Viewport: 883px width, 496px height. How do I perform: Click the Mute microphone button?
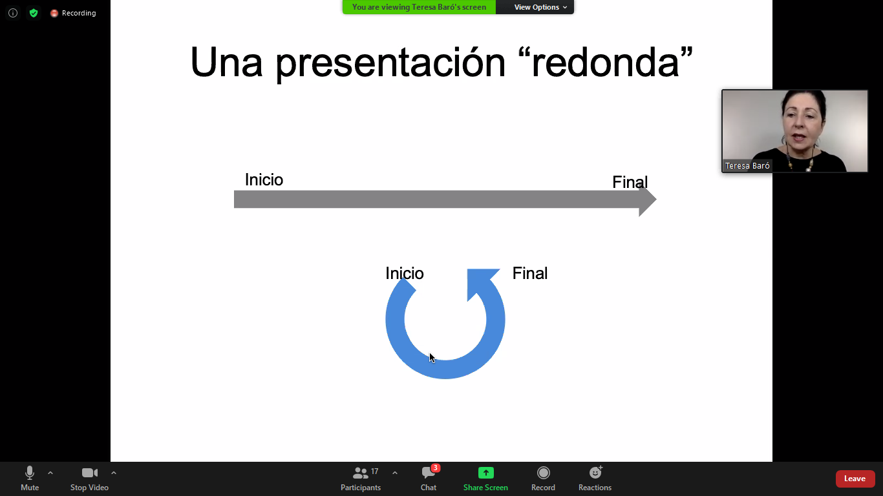pyautogui.click(x=30, y=479)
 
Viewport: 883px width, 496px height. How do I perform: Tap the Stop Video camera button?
pyautogui.click(x=89, y=479)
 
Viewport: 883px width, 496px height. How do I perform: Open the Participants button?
pyautogui.click(x=361, y=479)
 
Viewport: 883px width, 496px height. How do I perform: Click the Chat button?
pyautogui.click(x=429, y=479)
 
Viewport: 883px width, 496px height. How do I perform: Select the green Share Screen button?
pyautogui.click(x=485, y=479)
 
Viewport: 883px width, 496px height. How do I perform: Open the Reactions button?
pyautogui.click(x=595, y=479)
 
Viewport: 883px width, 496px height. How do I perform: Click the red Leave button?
pyautogui.click(x=855, y=479)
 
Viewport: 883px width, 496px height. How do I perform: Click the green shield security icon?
pyautogui.click(x=34, y=13)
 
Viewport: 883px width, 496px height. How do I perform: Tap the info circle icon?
pyautogui.click(x=13, y=13)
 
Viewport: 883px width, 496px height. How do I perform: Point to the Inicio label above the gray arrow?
pyautogui.click(x=264, y=180)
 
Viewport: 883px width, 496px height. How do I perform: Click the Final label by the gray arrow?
pyautogui.click(x=630, y=182)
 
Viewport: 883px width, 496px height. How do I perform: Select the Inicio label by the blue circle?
pyautogui.click(x=405, y=273)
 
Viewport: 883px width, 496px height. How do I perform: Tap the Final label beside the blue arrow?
pyautogui.click(x=530, y=273)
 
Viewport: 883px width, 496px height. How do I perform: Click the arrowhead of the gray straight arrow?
pyautogui.click(x=647, y=200)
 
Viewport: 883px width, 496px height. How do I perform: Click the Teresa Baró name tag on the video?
pyautogui.click(x=747, y=166)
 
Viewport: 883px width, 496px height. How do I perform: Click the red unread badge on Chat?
pyautogui.click(x=435, y=468)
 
